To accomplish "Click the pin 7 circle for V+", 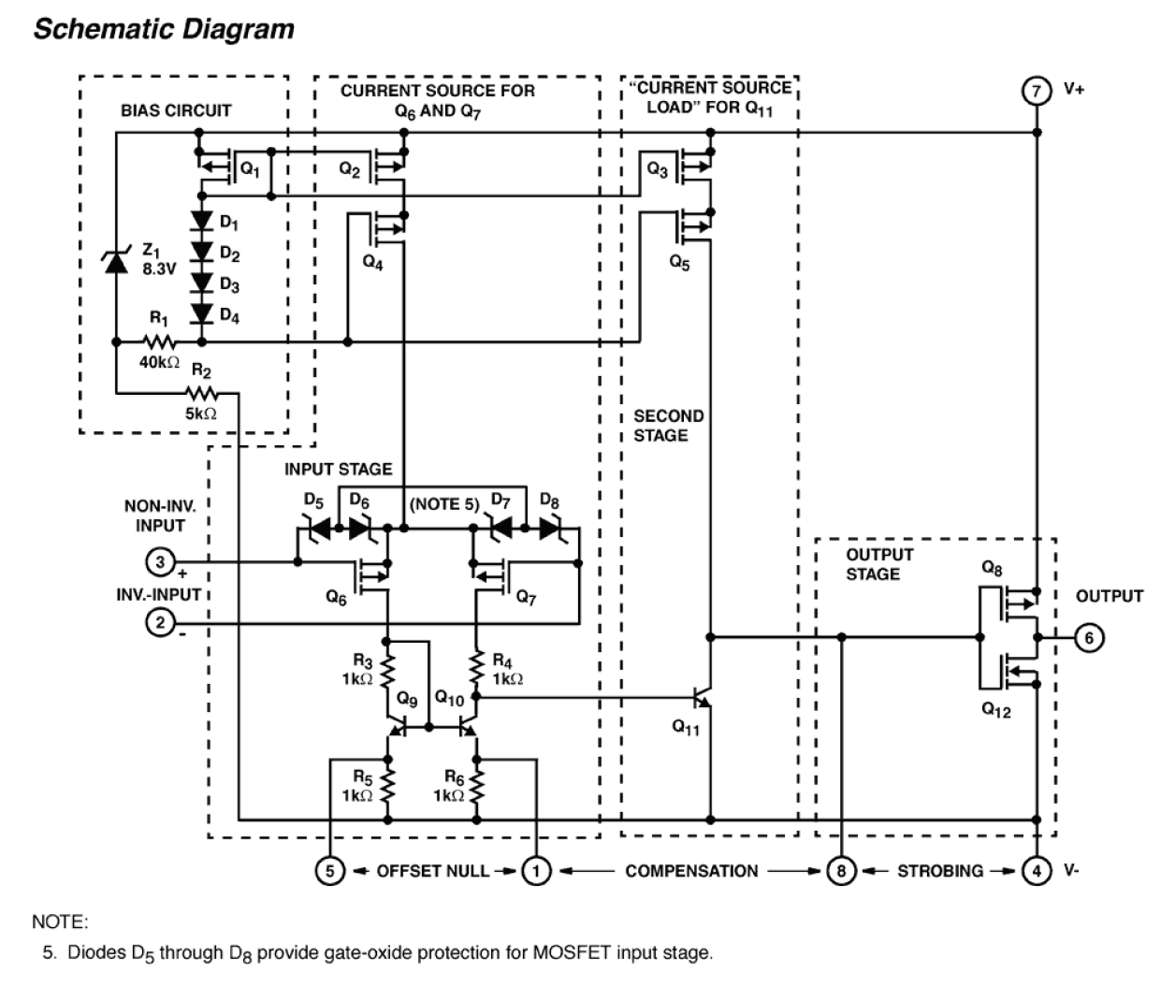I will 1036,92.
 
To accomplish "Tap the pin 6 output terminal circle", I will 1089,638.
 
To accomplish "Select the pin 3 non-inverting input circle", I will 160,562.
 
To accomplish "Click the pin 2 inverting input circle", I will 160,622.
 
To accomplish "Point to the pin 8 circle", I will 841,871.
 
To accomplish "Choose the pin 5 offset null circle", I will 329,871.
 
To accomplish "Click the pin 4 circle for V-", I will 1036,871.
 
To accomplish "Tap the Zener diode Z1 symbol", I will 116,263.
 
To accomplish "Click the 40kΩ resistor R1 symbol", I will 160,342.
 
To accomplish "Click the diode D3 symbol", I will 201,283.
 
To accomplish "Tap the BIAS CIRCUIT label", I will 176,110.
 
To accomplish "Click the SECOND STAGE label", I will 668,426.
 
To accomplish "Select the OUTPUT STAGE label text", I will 879,564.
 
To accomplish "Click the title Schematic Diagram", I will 164,29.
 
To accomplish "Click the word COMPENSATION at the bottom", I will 691,871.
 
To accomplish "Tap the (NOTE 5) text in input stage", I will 444,504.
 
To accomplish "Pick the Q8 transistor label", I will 992,568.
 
